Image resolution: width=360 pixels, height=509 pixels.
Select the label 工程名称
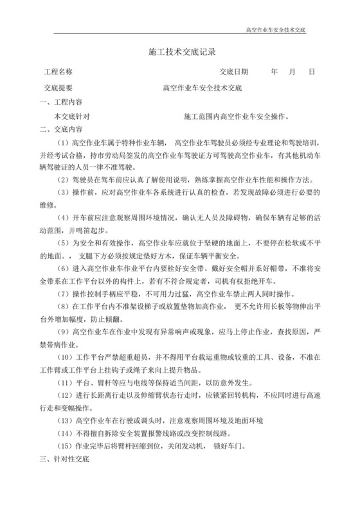(x=57, y=72)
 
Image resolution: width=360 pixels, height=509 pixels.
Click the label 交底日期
(x=234, y=72)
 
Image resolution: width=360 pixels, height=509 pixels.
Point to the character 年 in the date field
(x=274, y=72)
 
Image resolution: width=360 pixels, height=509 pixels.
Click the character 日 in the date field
(x=311, y=72)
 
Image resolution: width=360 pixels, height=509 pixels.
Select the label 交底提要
(x=58, y=88)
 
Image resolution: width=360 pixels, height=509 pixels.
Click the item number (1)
(x=64, y=143)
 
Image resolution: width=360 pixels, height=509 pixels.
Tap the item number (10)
(x=66, y=358)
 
